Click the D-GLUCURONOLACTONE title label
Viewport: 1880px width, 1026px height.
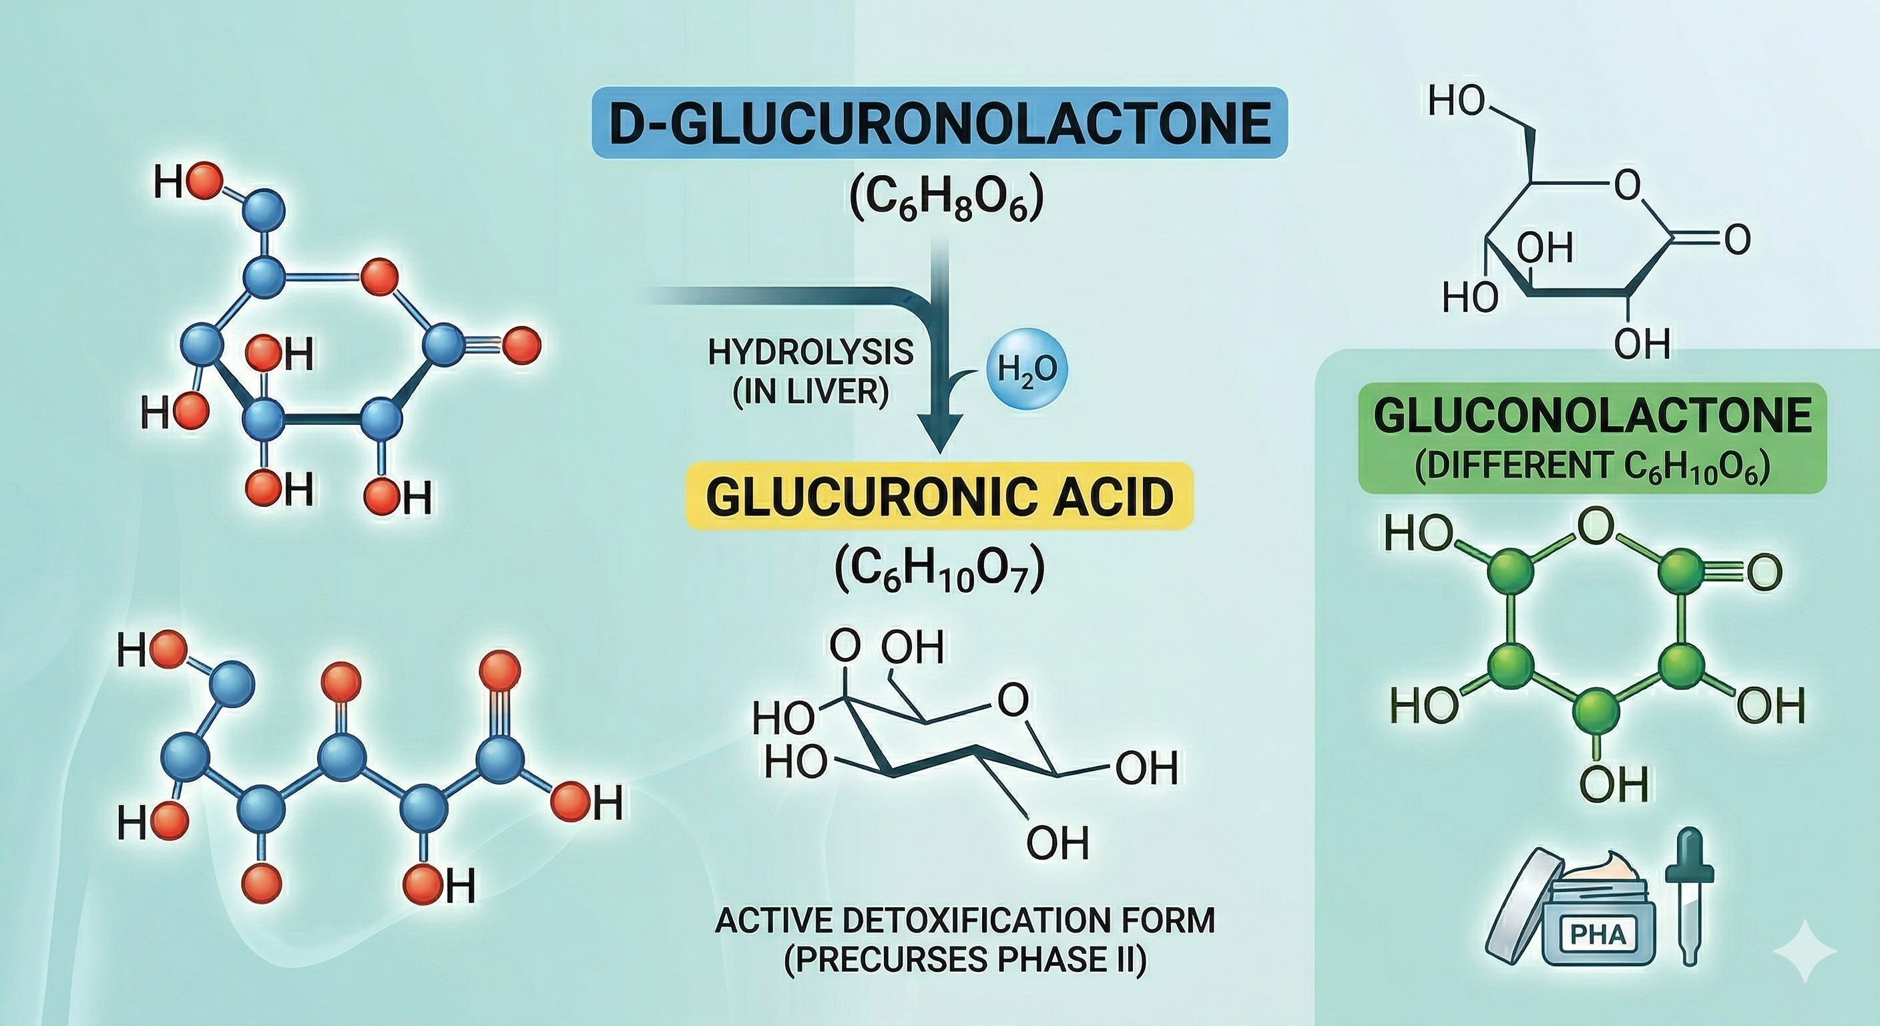939,123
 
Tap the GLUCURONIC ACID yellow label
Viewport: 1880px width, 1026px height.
939,496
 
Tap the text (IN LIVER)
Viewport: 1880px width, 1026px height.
810,393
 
